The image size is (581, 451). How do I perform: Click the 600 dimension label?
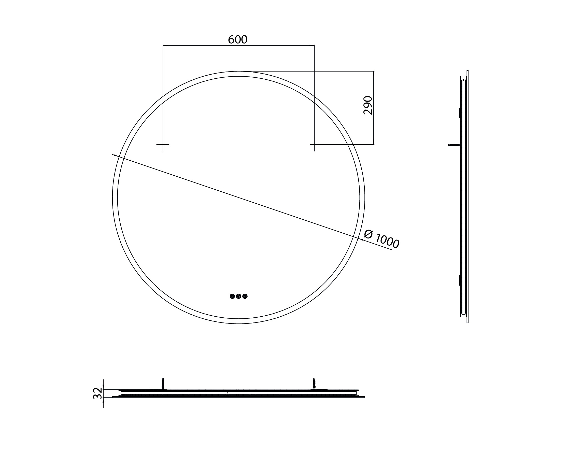[x=237, y=40]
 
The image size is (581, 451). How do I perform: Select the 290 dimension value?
[x=368, y=105]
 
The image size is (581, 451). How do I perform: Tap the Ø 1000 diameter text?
[x=381, y=239]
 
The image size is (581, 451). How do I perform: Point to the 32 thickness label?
[x=98, y=393]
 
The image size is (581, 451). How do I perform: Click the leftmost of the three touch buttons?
[x=232, y=296]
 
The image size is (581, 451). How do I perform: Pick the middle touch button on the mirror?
[x=239, y=296]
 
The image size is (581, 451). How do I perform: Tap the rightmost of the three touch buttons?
[x=245, y=296]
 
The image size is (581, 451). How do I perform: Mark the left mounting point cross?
[x=163, y=145]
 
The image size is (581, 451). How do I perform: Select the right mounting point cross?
[x=314, y=145]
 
